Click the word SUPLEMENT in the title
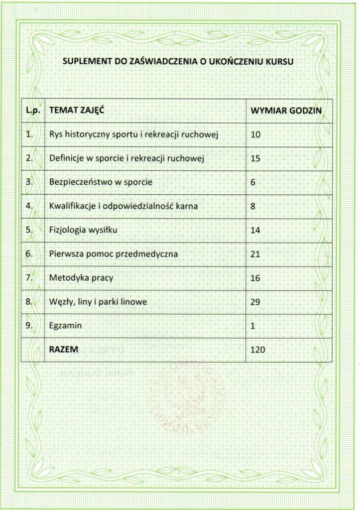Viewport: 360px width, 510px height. point(81,62)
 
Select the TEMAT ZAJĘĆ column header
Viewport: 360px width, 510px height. point(73,111)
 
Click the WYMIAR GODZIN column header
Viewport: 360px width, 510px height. point(286,111)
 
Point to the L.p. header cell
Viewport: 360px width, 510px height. point(32,111)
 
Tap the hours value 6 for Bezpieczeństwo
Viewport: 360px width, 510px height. point(253,182)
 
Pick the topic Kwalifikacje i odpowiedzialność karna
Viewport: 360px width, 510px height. point(123,206)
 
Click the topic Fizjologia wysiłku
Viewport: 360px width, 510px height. point(84,230)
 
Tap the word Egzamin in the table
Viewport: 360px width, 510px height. point(66,326)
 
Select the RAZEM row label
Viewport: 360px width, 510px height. point(64,350)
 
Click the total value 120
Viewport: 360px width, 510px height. point(258,350)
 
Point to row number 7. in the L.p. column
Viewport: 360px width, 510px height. point(29,277)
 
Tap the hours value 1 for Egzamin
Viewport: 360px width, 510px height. point(253,326)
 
